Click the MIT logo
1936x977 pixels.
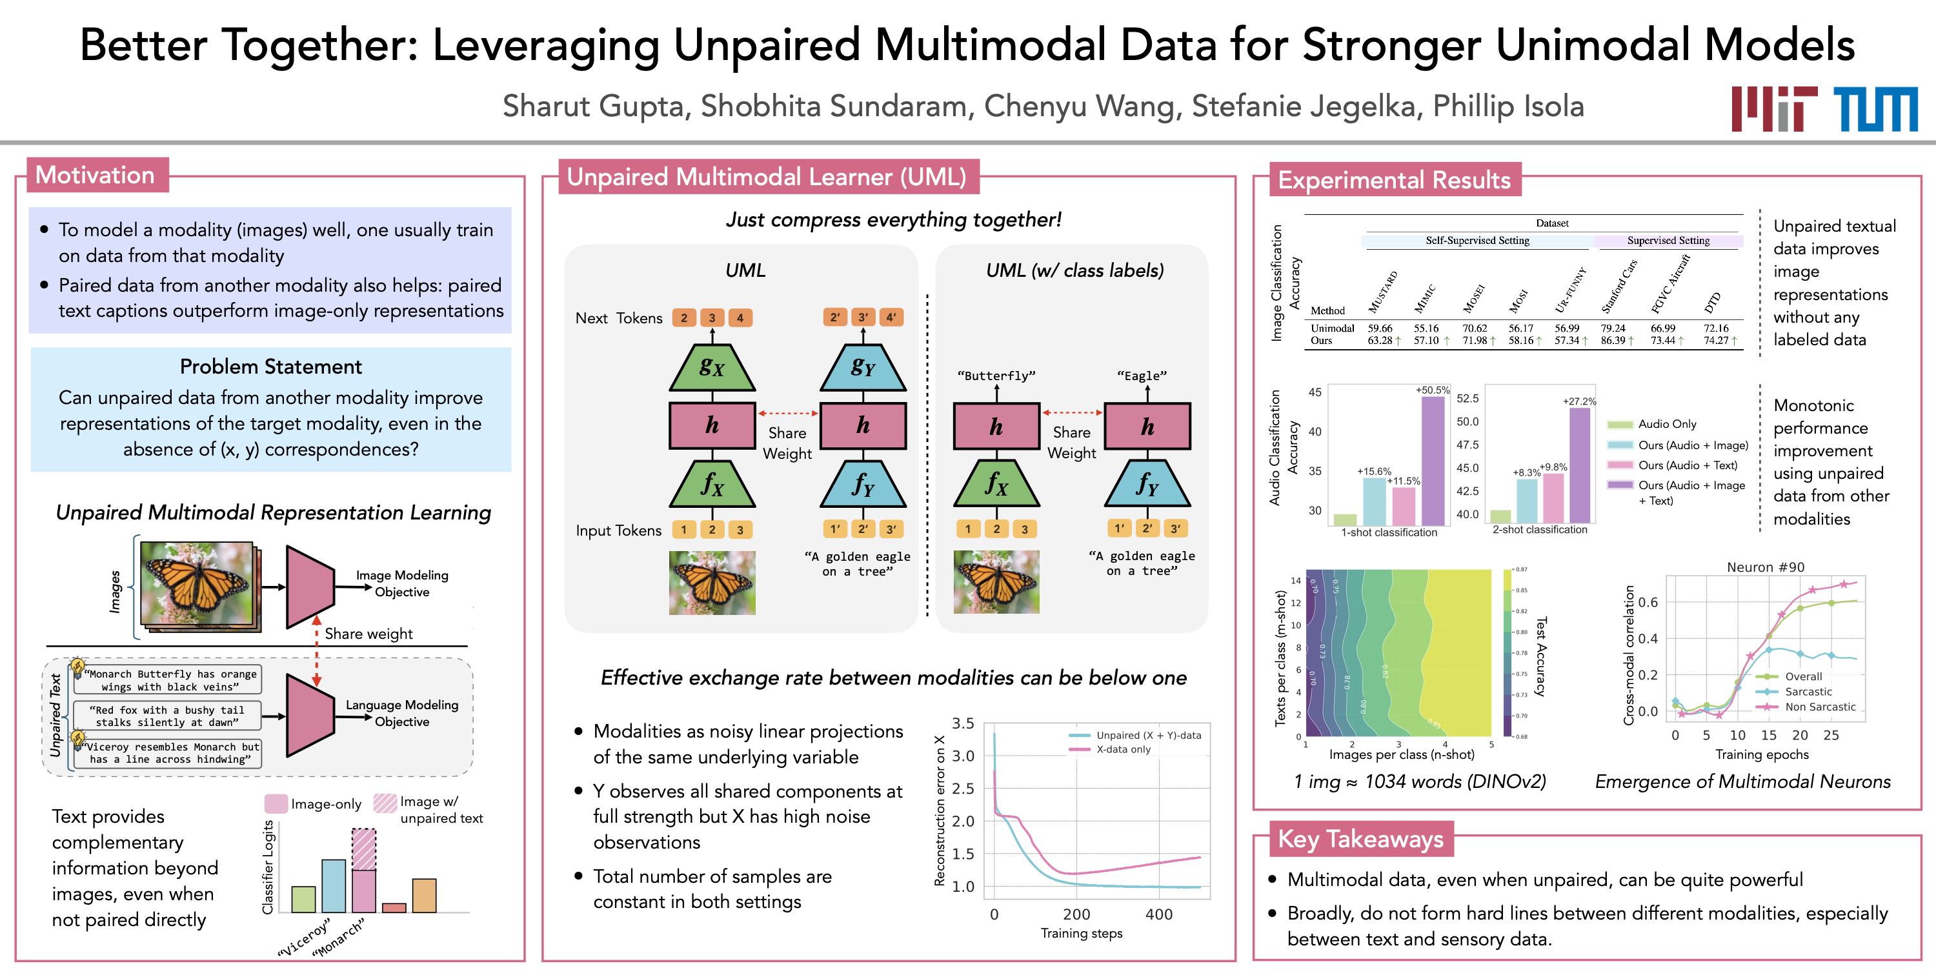pyautogui.click(x=1773, y=109)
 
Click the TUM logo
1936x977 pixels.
pyautogui.click(x=1875, y=109)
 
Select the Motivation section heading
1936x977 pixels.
pyautogui.click(x=96, y=175)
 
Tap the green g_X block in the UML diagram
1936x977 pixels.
pyautogui.click(x=712, y=367)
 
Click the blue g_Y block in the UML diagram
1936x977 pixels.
pyautogui.click(x=863, y=367)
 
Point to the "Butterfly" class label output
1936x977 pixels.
pyautogui.click(x=996, y=376)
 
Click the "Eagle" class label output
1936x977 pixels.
pyautogui.click(x=1142, y=376)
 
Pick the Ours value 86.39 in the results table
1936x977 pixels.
pyautogui.click(x=1612, y=341)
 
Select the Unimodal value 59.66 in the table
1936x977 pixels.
pyautogui.click(x=1380, y=328)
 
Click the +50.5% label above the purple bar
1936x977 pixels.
pyautogui.click(x=1433, y=390)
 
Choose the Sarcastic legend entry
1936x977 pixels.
pyautogui.click(x=1808, y=691)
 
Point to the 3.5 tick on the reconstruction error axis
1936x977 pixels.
pyautogui.click(x=963, y=723)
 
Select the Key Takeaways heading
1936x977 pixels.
pyautogui.click(x=1360, y=839)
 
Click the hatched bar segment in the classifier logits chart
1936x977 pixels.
pyautogui.click(x=364, y=849)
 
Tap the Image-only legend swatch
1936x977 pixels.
pyautogui.click(x=276, y=803)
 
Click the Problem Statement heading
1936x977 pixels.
pyautogui.click(x=270, y=367)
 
